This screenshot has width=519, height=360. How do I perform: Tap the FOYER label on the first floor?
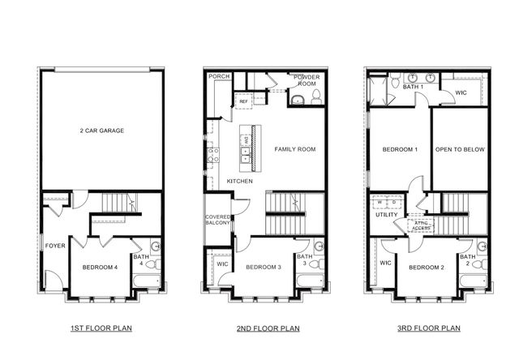coord(54,246)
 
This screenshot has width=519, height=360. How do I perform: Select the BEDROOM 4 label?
coord(101,268)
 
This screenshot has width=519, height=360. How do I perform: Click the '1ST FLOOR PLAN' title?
coord(101,328)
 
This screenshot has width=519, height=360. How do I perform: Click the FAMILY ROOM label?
coord(294,149)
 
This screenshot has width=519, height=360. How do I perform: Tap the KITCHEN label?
coord(239,181)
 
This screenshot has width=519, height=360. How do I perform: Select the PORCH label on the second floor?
coord(218,76)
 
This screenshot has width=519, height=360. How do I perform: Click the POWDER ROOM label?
coord(307,79)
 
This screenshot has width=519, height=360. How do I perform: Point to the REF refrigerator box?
coord(243,101)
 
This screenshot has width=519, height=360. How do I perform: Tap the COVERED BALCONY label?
coord(218,221)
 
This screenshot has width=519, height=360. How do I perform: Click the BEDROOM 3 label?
coord(263,268)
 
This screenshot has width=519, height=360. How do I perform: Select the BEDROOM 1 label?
coord(399,149)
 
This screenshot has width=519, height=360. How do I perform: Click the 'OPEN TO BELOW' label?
coord(459,149)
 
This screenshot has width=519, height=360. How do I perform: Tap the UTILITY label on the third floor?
coord(386,215)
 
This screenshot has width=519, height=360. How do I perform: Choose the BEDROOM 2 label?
coord(425,268)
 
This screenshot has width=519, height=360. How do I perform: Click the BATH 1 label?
coord(413,86)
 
